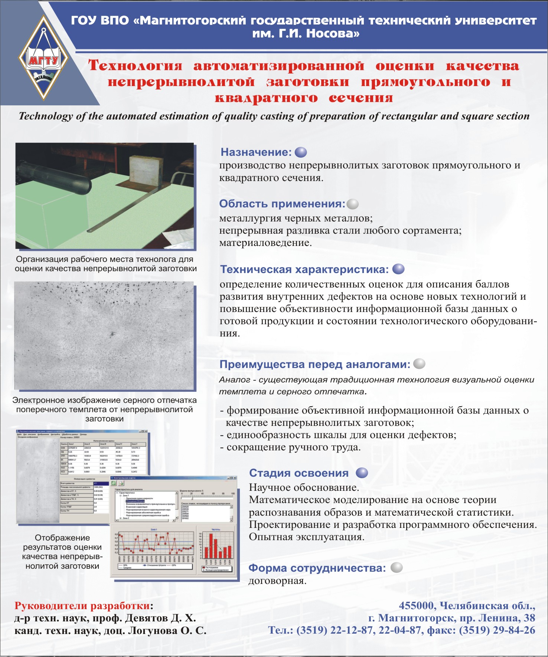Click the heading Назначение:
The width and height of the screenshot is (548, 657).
(256, 152)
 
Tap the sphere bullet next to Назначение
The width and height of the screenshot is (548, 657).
(301, 152)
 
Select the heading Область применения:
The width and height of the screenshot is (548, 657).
(282, 204)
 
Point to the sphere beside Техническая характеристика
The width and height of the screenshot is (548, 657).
(398, 269)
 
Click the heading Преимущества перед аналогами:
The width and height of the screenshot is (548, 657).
(315, 364)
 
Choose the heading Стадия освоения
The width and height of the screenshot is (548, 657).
(299, 473)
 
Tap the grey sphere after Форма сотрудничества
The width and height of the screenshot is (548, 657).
(397, 568)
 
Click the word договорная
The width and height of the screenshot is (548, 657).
(277, 581)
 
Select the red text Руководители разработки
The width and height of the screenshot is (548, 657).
(82, 606)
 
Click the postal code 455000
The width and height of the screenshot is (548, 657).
(417, 606)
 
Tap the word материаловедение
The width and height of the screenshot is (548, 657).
(265, 243)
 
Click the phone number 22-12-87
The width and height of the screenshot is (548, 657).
(351, 630)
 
